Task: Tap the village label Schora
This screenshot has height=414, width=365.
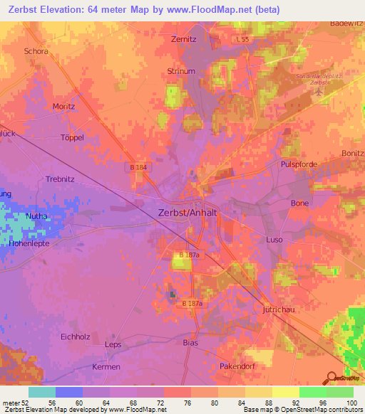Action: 36,52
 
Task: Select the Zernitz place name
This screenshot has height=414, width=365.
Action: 184,40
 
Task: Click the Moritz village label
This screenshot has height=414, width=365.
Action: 64,106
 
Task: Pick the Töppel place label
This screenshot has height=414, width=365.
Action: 73,137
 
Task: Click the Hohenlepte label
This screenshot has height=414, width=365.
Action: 34,242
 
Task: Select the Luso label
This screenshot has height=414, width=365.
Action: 274,240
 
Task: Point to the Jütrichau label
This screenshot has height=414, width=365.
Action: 270,309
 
